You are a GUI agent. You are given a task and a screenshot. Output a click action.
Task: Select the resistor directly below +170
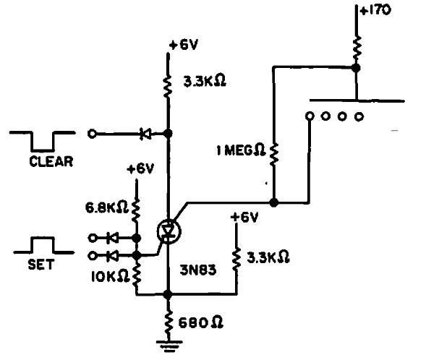tap(355, 47)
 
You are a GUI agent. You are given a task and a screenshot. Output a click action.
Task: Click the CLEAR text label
tap(51, 161)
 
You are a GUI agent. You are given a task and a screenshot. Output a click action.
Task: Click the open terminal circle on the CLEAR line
tap(93, 133)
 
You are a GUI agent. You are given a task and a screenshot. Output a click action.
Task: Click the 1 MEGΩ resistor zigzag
tap(273, 153)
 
